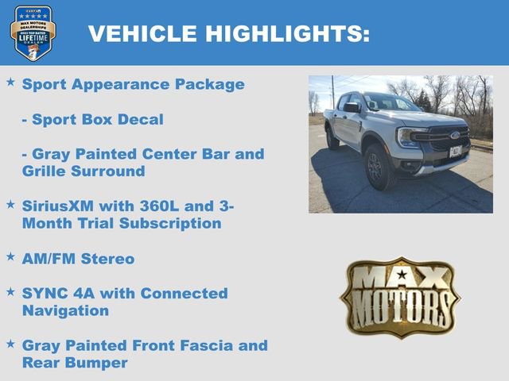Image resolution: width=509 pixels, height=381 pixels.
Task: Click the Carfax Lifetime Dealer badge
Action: pyautogui.click(x=33, y=33)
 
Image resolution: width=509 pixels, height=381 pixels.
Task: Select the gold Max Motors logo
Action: pyautogui.click(x=400, y=298)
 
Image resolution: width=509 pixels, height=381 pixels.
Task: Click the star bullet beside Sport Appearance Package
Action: pyautogui.click(x=10, y=82)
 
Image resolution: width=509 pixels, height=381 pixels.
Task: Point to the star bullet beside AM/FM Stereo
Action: pyautogui.click(x=10, y=256)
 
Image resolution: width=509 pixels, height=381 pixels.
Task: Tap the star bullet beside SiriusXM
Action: pyautogui.click(x=10, y=204)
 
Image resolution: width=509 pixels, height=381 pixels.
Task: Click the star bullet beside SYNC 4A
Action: pyautogui.click(x=10, y=291)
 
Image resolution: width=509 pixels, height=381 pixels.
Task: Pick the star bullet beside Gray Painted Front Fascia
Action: pyautogui.click(x=10, y=344)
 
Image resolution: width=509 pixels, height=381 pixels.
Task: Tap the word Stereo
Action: pyautogui.click(x=107, y=259)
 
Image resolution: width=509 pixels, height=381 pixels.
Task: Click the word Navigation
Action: pyautogui.click(x=65, y=311)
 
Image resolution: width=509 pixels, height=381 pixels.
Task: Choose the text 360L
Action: pyautogui.click(x=164, y=206)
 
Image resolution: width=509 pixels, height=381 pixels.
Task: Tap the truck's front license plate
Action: pyautogui.click(x=456, y=152)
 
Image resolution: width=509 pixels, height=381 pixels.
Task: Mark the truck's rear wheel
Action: pyautogui.click(x=332, y=138)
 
